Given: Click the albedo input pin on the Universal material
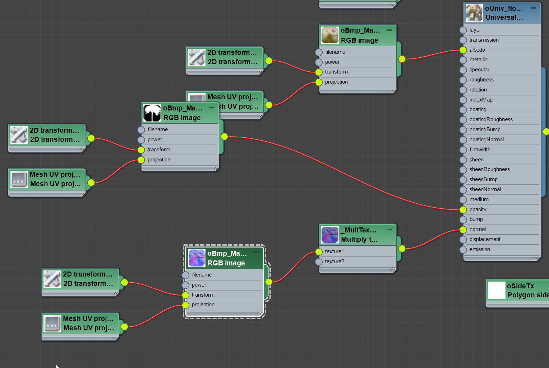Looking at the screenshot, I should click(463, 50).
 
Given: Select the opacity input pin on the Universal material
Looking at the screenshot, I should click(463, 209).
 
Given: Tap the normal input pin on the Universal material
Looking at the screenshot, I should click(463, 230).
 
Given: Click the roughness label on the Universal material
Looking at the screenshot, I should click(481, 80).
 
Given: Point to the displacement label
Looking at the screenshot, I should click(485, 239).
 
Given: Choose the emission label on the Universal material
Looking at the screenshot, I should click(479, 249).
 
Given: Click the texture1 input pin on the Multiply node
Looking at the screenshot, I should click(319, 252).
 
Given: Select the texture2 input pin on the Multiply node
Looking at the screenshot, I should click(319, 262).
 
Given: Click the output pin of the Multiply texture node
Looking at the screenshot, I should click(402, 248).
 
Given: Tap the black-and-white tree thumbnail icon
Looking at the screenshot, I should click(152, 113).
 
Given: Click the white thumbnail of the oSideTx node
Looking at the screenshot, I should click(497, 291).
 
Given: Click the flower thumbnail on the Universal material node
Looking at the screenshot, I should click(474, 13).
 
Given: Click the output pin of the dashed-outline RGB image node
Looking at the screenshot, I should click(269, 282).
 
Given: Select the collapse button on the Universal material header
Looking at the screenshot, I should click(534, 8).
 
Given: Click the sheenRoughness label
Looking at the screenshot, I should click(489, 169).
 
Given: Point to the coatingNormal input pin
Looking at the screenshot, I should click(463, 140).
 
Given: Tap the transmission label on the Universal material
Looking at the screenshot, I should click(484, 40).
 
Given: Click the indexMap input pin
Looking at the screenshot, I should click(463, 100).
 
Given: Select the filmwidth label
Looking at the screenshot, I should click(480, 150).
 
